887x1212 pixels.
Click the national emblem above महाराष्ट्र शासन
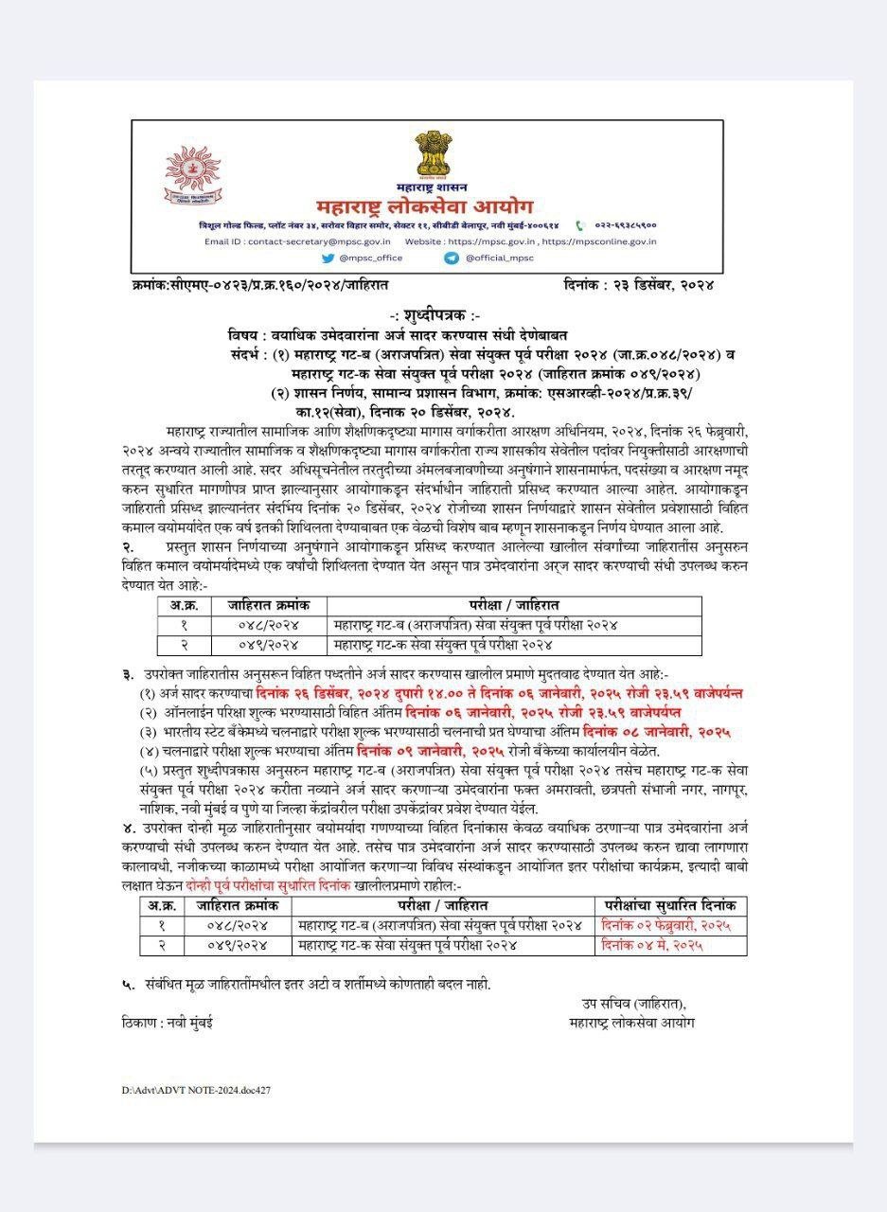[x=434, y=156]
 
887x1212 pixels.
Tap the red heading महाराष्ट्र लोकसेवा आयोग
[x=425, y=206]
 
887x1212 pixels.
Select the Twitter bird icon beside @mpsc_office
[x=328, y=258]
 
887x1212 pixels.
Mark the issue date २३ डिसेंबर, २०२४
[x=662, y=284]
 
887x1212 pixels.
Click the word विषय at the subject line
[x=242, y=336]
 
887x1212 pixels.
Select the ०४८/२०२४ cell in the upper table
[x=268, y=625]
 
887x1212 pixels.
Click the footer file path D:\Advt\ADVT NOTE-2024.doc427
[x=196, y=1091]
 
